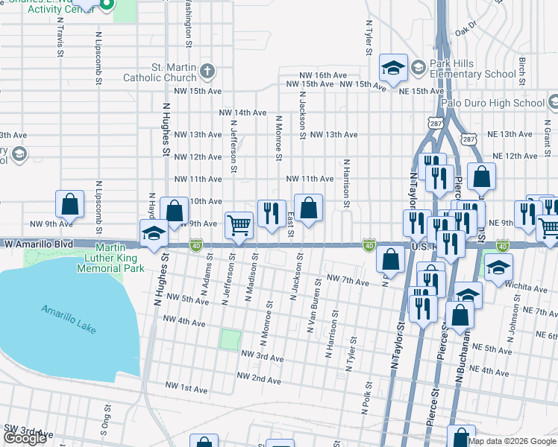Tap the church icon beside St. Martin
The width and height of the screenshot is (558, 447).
pos(208,72)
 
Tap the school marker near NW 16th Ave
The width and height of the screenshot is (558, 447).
pos(392,69)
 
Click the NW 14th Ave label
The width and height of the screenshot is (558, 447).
pos(242,112)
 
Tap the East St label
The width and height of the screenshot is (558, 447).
pos(290,220)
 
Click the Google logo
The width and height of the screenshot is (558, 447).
pos(25,438)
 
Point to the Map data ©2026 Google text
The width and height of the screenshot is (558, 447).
pos(512,441)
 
